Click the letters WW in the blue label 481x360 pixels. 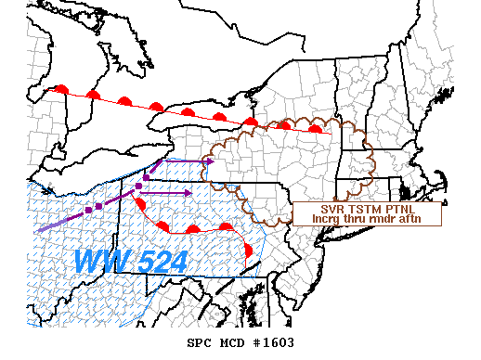point(99,261)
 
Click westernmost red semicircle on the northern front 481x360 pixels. point(61,89)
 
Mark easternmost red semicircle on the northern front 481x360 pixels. point(316,128)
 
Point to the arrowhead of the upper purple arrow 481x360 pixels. point(211,161)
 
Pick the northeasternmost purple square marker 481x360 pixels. point(147,176)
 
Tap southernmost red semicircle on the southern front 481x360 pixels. point(248,250)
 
